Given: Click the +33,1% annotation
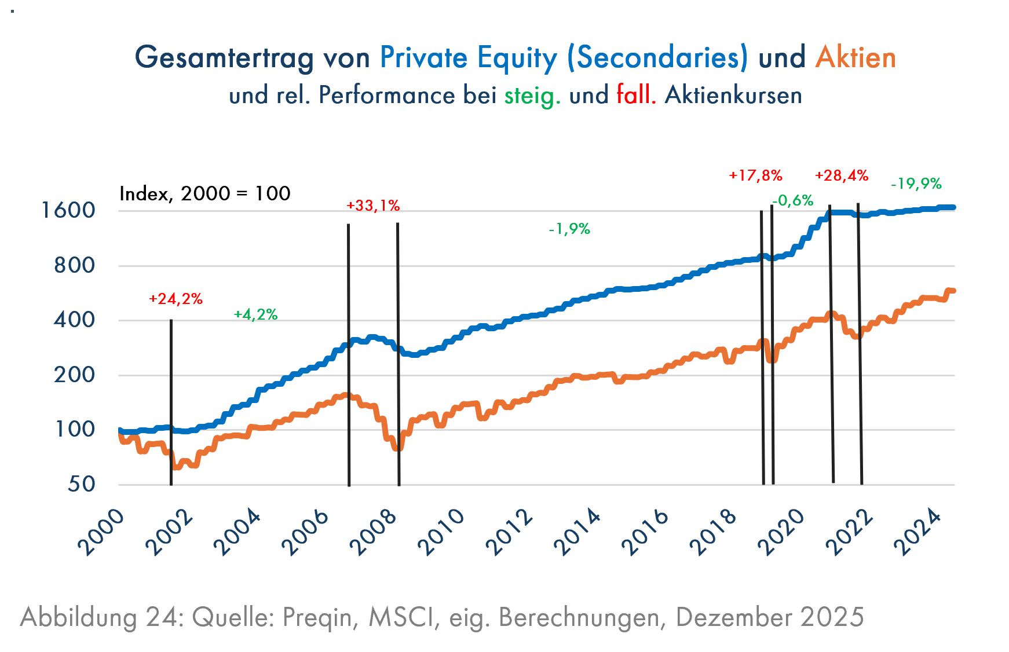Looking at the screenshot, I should click(373, 206).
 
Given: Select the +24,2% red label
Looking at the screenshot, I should click(176, 299).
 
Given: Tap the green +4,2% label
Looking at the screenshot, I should click(255, 314).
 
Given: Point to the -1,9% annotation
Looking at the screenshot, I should click(569, 229).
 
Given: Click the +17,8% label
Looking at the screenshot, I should click(755, 175).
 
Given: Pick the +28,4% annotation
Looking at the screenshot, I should click(842, 175).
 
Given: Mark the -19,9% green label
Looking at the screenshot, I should click(916, 184).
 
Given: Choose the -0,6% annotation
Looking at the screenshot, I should click(793, 200).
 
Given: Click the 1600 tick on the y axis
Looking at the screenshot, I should click(68, 210).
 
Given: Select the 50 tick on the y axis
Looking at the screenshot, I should click(81, 484).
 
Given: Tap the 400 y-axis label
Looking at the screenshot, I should click(74, 320).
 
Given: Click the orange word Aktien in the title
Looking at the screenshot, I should click(856, 58).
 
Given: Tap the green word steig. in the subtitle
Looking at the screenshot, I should click(532, 96).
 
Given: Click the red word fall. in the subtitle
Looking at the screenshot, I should click(636, 94).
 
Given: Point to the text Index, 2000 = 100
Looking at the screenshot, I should click(204, 193).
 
